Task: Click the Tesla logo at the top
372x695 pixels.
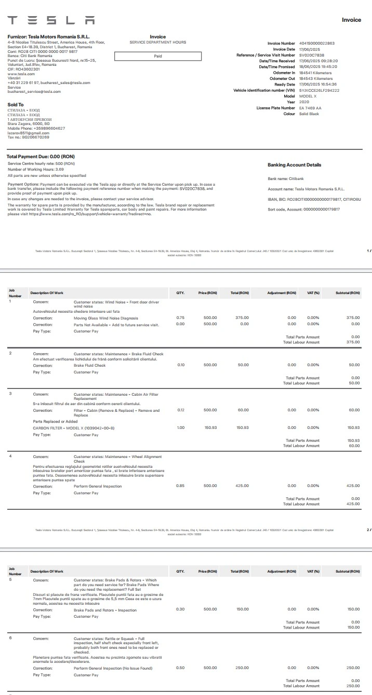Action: (51, 20)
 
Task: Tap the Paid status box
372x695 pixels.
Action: (157, 56)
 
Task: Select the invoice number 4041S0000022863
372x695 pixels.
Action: (316, 44)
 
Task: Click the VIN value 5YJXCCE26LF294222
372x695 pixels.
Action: (318, 90)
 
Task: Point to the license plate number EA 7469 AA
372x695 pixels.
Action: (310, 108)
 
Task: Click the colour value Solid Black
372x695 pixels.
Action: (309, 114)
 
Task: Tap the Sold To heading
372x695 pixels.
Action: (16, 105)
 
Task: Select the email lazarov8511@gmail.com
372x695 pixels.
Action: (28, 133)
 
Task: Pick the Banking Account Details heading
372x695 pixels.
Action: (294, 165)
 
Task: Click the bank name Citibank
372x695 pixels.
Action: (296, 178)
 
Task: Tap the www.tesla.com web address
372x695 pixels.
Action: (18, 74)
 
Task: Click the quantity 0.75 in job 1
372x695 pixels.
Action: (180, 318)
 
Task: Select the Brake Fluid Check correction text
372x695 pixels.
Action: (89, 365)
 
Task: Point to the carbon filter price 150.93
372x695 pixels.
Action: (210, 428)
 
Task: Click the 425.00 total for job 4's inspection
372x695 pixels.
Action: (242, 486)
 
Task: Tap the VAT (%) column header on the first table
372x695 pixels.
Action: (313, 293)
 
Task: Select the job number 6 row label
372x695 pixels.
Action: (10, 638)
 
